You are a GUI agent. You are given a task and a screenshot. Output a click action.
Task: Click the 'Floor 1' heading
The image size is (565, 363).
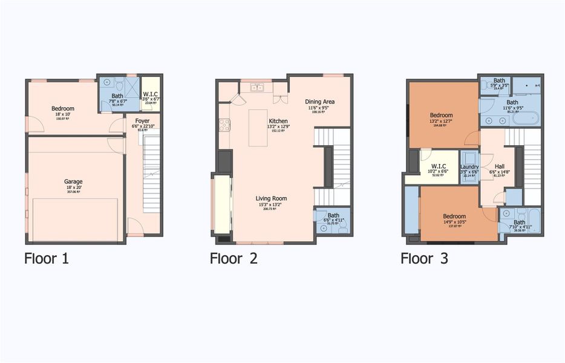pyautogui.click(x=47, y=258)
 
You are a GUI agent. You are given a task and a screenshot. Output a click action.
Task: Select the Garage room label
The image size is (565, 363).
pyautogui.click(x=74, y=181)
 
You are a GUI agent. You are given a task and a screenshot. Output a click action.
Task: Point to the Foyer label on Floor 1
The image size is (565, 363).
pyautogui.click(x=142, y=120)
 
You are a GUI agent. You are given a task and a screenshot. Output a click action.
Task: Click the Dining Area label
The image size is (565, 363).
pyautogui.click(x=319, y=102)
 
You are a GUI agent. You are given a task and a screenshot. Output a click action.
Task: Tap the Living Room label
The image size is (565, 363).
pyautogui.click(x=270, y=198)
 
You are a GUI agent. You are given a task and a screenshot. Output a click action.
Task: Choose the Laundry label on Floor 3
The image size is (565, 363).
pyautogui.click(x=469, y=167)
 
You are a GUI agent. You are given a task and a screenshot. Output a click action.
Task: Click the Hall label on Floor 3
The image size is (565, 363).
pyautogui.click(x=499, y=167)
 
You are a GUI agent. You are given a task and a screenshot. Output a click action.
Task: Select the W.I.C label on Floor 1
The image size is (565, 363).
pyautogui.click(x=149, y=94)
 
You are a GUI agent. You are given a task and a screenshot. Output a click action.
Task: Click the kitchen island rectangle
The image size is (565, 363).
pyautogui.click(x=258, y=127)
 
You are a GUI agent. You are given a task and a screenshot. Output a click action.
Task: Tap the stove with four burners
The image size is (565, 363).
pyautogui.click(x=224, y=125)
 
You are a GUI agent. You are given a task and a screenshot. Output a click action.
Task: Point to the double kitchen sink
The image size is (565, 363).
pyautogui.click(x=257, y=88)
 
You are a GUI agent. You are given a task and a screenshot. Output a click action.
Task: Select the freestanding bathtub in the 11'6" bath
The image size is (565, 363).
pyautogui.click(x=525, y=119)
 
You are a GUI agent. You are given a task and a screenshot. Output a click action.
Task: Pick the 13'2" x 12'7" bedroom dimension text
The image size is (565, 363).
pyautogui.click(x=441, y=120)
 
